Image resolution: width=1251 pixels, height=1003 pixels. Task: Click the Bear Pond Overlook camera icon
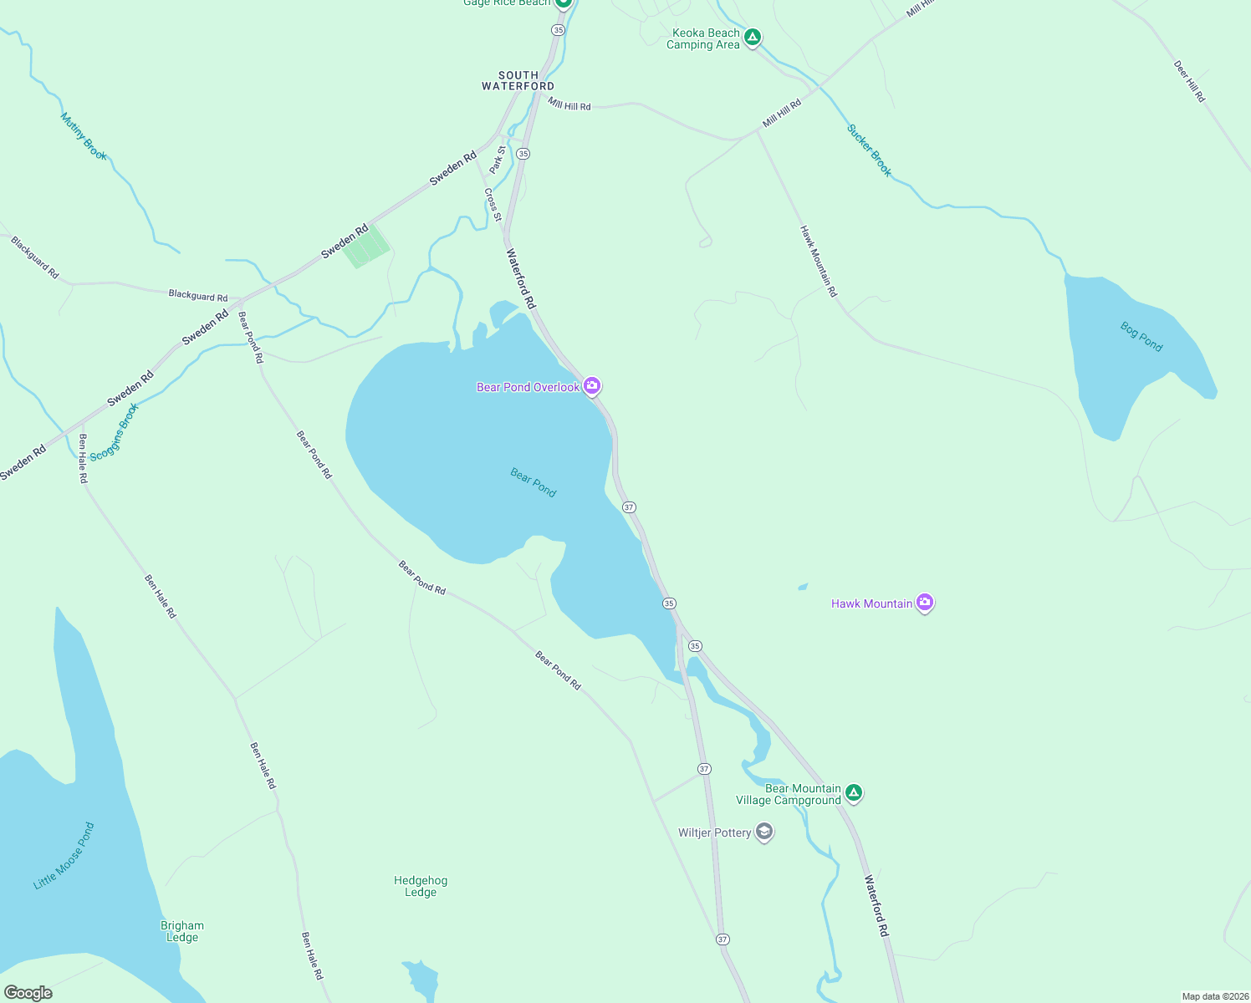(592, 385)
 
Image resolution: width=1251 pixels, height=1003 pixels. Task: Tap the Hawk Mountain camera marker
(924, 602)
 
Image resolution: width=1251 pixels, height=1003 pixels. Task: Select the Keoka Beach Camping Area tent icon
(753, 37)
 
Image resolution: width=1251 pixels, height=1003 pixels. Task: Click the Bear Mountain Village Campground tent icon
(853, 792)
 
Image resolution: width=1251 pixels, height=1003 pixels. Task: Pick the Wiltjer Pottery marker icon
(763, 832)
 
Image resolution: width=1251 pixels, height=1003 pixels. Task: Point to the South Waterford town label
(518, 81)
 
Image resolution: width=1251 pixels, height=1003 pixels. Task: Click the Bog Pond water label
(1141, 337)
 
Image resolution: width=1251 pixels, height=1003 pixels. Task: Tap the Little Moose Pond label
(64, 856)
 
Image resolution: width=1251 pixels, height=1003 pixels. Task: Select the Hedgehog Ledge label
(421, 886)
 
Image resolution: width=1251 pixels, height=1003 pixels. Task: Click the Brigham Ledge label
(182, 931)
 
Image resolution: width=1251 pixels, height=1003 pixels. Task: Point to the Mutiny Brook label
(84, 136)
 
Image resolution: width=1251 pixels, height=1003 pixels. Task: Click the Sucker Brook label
(870, 150)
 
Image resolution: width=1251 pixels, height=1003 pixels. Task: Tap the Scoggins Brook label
(114, 432)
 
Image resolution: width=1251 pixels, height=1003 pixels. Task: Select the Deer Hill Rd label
(1189, 81)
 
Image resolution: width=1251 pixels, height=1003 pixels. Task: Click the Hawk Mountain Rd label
(818, 261)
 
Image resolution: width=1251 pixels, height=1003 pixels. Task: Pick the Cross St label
(493, 205)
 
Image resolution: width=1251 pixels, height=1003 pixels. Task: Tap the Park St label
(498, 160)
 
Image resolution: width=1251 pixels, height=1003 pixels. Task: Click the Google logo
(28, 993)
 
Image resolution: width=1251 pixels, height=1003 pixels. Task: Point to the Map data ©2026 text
(1214, 996)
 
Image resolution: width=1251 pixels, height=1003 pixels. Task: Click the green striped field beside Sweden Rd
(367, 247)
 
